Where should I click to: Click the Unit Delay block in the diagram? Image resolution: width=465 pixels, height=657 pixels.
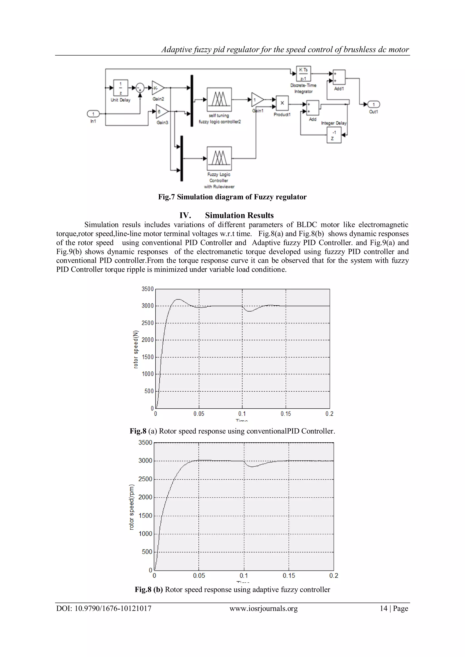point(121,88)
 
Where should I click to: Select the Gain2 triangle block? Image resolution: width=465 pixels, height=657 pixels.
point(158,88)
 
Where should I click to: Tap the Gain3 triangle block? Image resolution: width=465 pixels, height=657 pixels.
point(161,112)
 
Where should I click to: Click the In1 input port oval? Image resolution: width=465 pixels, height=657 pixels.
point(93,114)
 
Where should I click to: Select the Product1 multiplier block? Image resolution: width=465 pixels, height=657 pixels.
point(282,103)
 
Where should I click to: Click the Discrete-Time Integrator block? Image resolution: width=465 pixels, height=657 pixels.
point(303,74)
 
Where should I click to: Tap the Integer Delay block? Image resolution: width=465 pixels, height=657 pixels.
point(334,135)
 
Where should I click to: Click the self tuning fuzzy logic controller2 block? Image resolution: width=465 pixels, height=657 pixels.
point(219,100)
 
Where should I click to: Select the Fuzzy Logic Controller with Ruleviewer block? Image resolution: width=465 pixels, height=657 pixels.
point(219,158)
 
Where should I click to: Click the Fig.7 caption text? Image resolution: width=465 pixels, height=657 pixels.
point(232,197)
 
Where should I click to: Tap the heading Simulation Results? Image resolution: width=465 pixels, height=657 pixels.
point(239,215)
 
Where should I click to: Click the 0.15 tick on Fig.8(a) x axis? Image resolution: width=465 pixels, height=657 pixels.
point(285,414)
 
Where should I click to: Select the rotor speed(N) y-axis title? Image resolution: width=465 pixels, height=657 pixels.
point(136,349)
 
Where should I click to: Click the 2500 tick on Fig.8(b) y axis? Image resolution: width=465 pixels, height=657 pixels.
point(145,479)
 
